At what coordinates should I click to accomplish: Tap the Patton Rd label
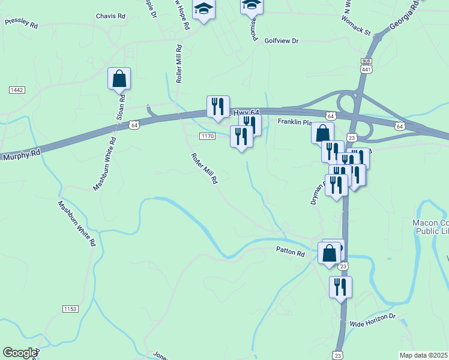(x=291, y=253)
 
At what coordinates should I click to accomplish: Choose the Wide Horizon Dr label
(x=373, y=319)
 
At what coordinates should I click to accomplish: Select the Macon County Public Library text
(x=430, y=226)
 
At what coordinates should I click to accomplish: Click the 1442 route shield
(x=17, y=89)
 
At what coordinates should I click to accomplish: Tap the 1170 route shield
(x=208, y=137)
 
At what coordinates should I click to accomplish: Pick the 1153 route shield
(x=70, y=308)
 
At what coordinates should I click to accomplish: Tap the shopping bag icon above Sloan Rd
(x=119, y=79)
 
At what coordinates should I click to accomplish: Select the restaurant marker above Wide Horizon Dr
(x=340, y=287)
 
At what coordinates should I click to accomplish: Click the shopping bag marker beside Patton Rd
(x=330, y=253)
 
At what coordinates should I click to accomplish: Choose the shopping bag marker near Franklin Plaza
(x=322, y=133)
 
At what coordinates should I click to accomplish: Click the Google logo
(x=20, y=353)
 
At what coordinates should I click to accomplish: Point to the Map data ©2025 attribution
(x=423, y=355)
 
